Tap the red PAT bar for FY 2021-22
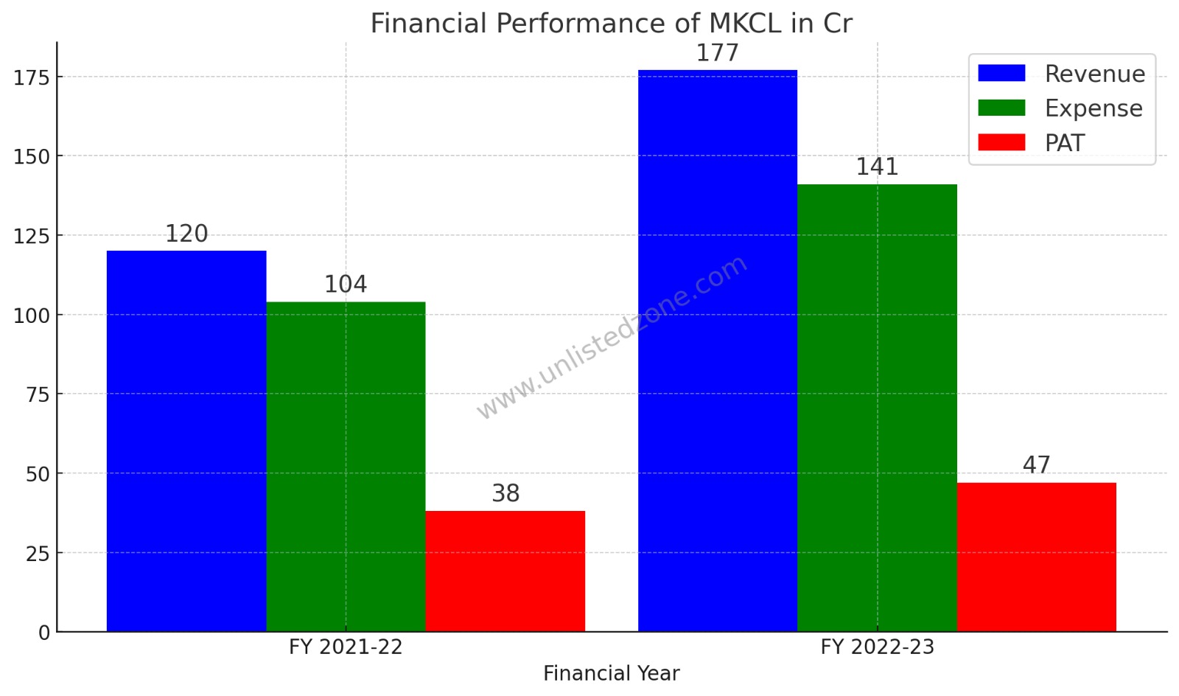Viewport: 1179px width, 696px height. click(505, 571)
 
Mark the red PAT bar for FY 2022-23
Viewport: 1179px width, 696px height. click(1037, 557)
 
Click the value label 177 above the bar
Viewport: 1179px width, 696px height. click(718, 54)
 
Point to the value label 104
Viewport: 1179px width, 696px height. click(346, 285)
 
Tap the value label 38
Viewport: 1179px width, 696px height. click(505, 494)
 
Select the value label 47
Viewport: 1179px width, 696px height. click(1037, 465)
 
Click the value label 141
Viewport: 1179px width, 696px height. click(877, 167)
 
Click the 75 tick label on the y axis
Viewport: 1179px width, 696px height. click(37, 394)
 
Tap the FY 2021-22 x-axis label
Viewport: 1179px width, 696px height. click(346, 647)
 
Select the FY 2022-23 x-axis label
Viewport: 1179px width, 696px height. click(877, 647)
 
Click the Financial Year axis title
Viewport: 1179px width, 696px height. click(611, 674)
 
